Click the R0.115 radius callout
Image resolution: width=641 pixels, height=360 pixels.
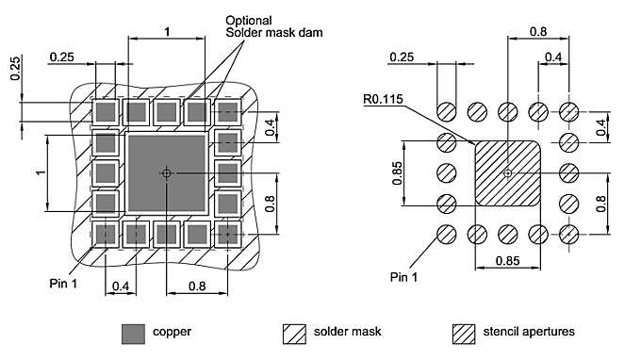click(383, 99)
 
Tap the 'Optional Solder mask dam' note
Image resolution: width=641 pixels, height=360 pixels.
click(274, 26)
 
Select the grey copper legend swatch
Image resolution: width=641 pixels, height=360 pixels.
click(133, 334)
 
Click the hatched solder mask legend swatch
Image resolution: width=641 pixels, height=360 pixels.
click(294, 334)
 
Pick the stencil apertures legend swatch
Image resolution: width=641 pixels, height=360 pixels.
click(464, 334)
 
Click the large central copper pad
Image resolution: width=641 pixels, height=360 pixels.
click(167, 173)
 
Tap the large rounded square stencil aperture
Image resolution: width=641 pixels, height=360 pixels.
click(508, 173)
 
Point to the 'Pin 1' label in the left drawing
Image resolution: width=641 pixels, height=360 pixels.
click(63, 284)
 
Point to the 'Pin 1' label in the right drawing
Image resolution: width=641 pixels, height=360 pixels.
click(403, 277)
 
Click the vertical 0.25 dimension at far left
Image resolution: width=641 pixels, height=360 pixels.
click(15, 68)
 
